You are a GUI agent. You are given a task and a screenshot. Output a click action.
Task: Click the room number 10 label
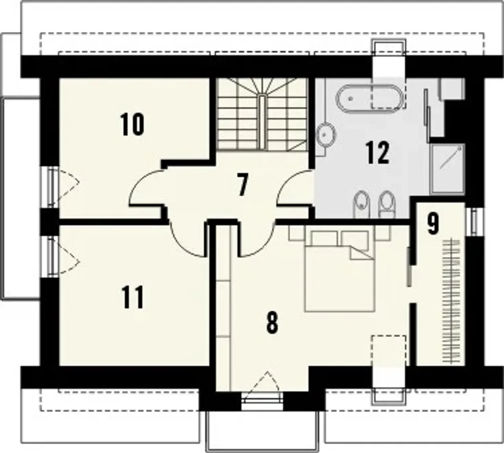pos(132,124)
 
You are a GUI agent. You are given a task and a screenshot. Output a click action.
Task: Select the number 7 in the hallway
pos(243,185)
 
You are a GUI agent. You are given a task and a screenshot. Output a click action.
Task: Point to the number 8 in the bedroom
pos(272,323)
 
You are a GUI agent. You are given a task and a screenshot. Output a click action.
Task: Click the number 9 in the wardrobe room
pos(433,224)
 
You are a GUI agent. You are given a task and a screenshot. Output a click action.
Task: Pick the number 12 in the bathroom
pos(377,152)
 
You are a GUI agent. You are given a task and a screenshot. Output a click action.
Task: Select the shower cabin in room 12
pos(447,169)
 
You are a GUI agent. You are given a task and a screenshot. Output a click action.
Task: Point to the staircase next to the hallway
pos(262,114)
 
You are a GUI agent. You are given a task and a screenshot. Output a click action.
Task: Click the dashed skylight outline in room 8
pos(389,352)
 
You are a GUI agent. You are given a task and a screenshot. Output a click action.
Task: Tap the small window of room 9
pos(474,222)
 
